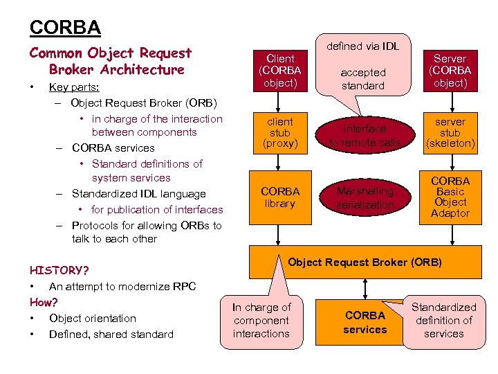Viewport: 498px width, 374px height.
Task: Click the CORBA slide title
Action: coord(65,27)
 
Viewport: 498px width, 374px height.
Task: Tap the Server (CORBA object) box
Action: coord(450,71)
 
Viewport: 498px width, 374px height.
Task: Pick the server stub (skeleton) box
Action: coord(450,132)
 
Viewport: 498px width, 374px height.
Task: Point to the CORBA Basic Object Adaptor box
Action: coord(450,197)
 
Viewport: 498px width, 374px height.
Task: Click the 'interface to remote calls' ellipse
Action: coord(365,135)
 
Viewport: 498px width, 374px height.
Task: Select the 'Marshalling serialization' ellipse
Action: coord(365,197)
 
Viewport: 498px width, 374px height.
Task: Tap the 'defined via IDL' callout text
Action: coord(363,46)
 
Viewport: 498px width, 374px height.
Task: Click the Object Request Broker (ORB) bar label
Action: coord(365,262)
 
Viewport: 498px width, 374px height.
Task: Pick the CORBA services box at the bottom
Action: coord(365,322)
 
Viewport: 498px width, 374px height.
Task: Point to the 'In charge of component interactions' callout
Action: coord(261,320)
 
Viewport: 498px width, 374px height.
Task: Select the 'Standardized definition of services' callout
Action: coord(443,320)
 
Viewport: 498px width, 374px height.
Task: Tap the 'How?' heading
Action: coord(44,303)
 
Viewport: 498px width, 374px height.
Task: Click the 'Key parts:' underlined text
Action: coord(74,88)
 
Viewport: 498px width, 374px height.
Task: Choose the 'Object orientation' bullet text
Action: coord(93,319)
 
